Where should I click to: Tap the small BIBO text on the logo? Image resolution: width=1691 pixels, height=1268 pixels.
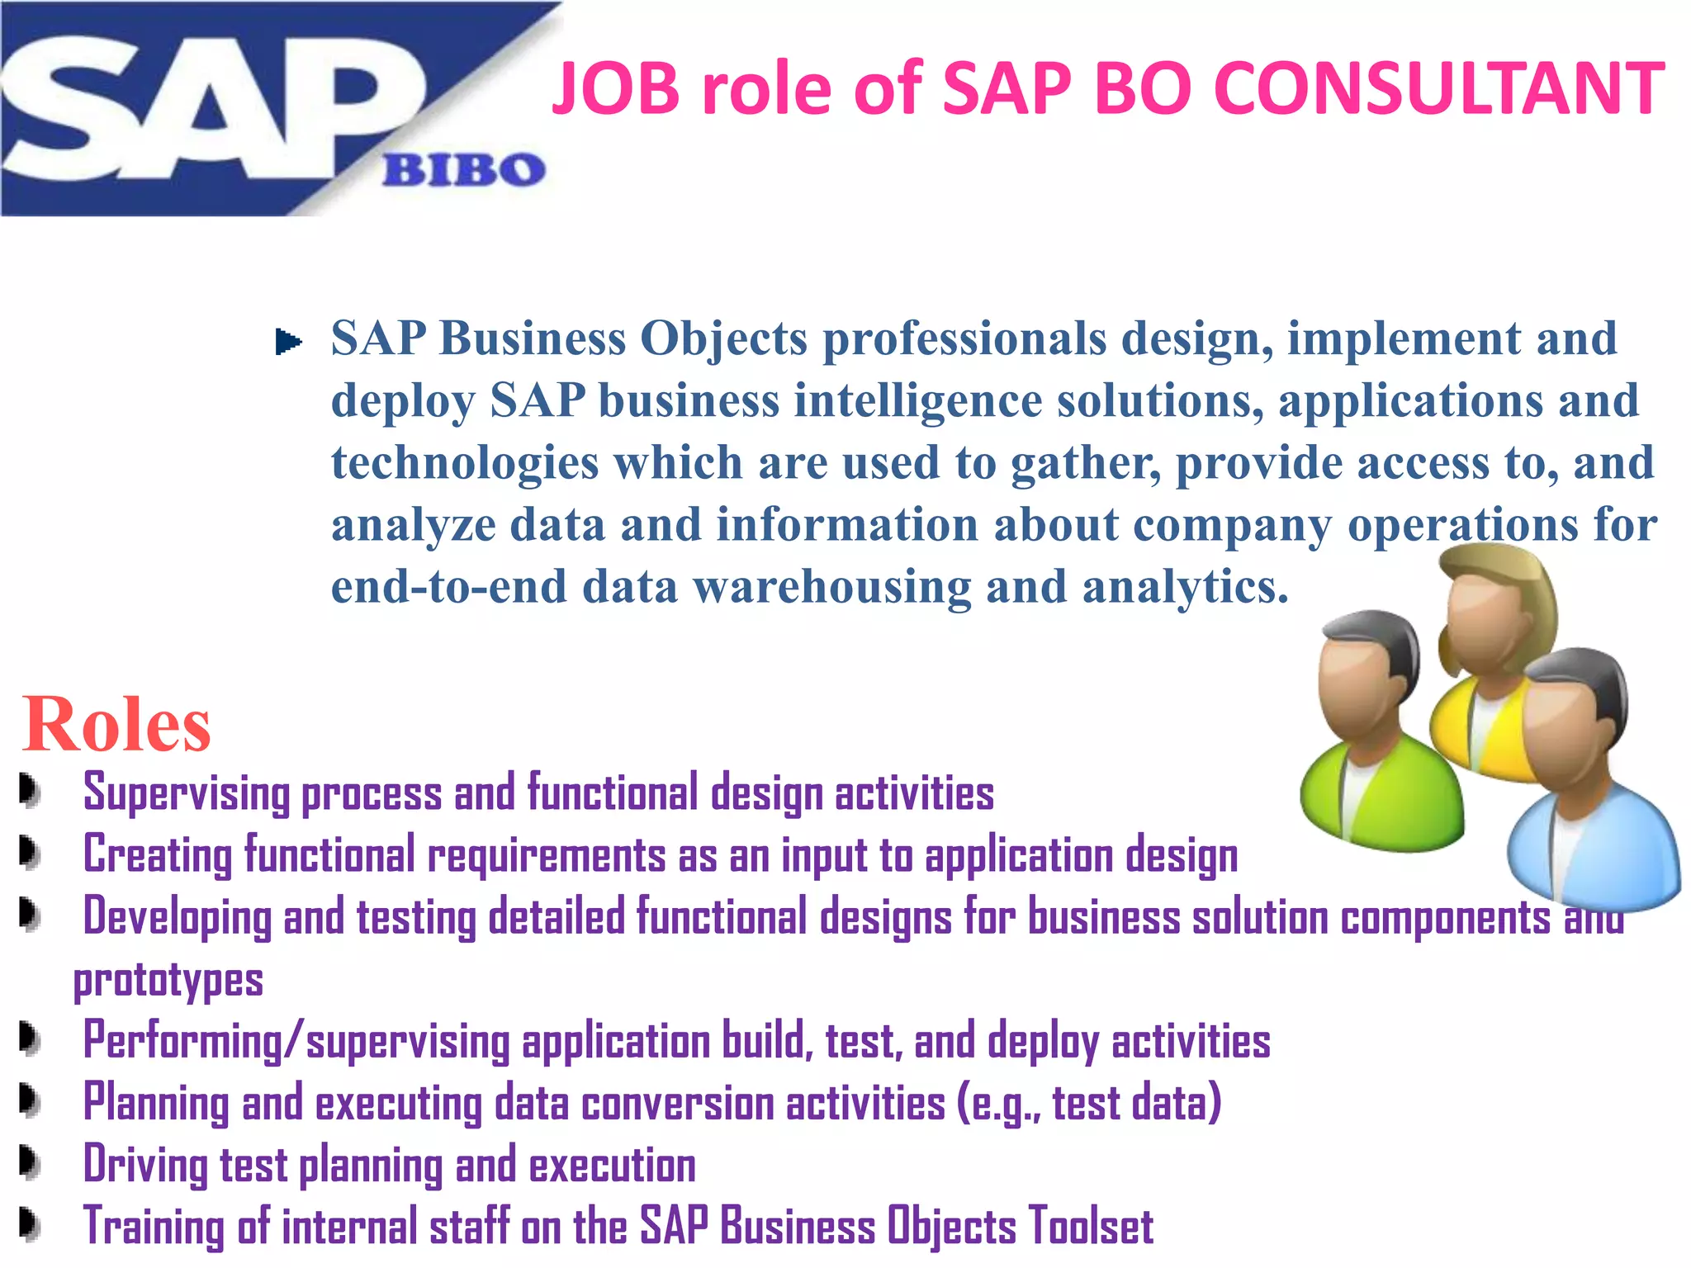[463, 170]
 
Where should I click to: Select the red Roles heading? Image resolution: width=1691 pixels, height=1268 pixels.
[116, 724]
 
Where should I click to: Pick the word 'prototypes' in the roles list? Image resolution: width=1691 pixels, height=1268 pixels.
[168, 981]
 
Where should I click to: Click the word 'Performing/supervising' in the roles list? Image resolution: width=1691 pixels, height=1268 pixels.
[296, 1041]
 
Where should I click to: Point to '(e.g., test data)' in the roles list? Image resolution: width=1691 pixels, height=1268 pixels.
[1088, 1103]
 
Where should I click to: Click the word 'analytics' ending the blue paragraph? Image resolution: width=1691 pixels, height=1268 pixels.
[1184, 587]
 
